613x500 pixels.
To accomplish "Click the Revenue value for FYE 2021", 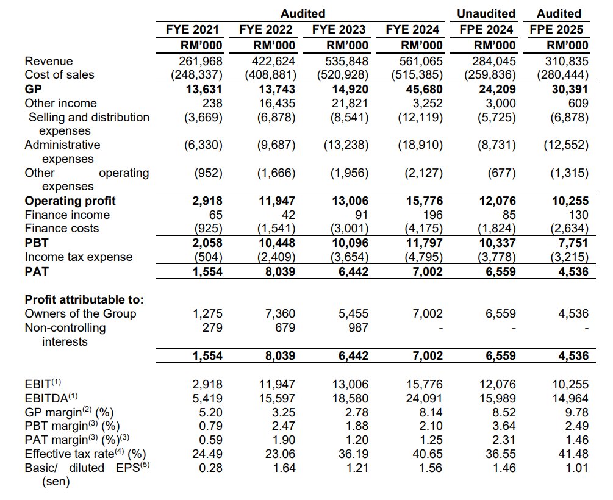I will click(201, 61).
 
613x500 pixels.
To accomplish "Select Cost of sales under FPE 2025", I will click(562, 75).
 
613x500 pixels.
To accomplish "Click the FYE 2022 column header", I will click(266, 29).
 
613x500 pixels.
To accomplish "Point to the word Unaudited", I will click(486, 13).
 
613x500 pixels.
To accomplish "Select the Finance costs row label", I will click(62, 229).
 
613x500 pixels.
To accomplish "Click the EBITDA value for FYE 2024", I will click(424, 398).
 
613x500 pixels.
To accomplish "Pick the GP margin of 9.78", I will click(576, 412).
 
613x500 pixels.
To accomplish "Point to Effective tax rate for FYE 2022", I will click(282, 454).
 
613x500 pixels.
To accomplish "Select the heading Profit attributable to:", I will click(84, 299).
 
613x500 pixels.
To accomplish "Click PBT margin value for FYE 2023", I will click(356, 426).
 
